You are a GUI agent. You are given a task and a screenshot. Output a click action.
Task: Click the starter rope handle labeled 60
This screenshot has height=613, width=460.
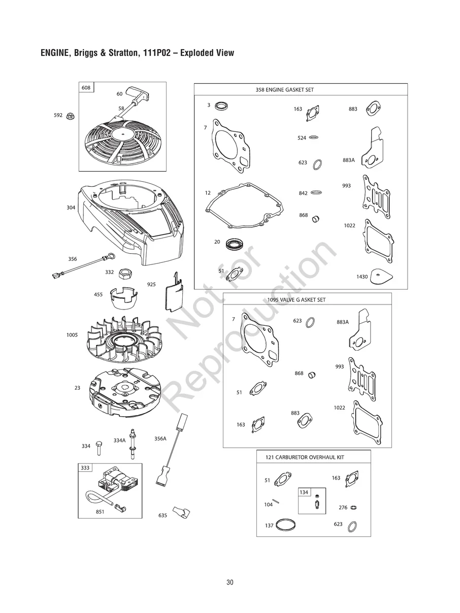click(137, 95)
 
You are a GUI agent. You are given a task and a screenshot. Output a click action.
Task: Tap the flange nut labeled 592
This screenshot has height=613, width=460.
click(71, 116)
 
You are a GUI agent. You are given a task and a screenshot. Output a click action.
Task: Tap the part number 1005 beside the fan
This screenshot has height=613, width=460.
click(72, 335)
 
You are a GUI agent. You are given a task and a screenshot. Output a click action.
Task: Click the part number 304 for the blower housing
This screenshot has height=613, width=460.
click(71, 208)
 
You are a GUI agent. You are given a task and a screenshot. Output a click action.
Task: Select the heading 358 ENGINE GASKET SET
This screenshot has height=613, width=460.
click(285, 90)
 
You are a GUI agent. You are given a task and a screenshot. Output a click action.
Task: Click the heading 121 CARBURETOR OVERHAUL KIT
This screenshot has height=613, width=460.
click(305, 457)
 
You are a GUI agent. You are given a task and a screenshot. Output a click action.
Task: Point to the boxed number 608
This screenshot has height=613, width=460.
click(86, 88)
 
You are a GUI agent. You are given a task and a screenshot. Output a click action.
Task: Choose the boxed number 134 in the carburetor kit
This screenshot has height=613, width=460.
click(304, 492)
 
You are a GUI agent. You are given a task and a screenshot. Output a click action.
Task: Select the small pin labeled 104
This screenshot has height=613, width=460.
click(276, 501)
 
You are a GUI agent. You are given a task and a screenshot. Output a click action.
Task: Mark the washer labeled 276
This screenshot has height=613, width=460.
click(353, 507)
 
